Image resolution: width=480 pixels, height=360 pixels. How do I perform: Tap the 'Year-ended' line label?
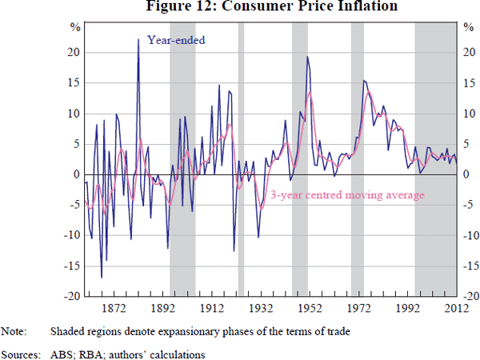[176, 38]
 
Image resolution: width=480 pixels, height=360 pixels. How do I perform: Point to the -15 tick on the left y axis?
[70, 266]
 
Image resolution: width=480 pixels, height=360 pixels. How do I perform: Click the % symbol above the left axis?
[74, 28]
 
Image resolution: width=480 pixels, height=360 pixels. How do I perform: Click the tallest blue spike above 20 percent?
[138, 39]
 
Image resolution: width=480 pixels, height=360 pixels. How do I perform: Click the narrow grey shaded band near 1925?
[241, 160]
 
